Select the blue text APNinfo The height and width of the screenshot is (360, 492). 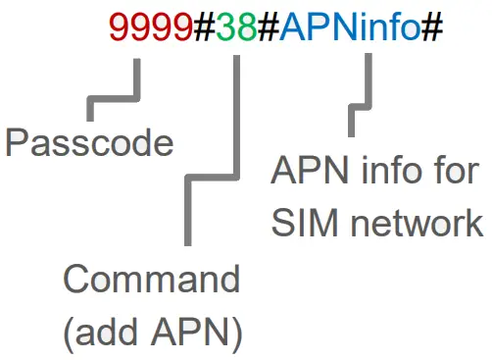350,30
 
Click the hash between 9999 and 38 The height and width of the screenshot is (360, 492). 204,30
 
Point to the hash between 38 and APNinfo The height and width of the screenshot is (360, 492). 268,30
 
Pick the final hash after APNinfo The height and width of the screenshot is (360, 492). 432,30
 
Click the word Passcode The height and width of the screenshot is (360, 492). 89,144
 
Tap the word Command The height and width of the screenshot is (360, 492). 151,281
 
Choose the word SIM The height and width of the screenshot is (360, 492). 303,223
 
